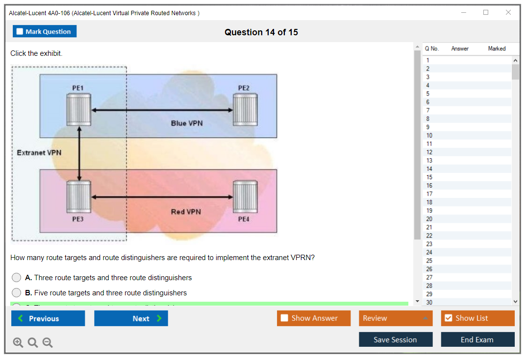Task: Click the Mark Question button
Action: pyautogui.click(x=45, y=31)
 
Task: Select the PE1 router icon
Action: pyautogui.click(x=79, y=110)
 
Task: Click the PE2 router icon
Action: pyautogui.click(x=245, y=110)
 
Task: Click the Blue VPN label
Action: pyautogui.click(x=186, y=123)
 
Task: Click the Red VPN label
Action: pyautogui.click(x=186, y=212)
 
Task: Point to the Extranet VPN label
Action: pyautogui.click(x=39, y=153)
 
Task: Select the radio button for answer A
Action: pyautogui.click(x=16, y=278)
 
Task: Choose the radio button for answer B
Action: pyautogui.click(x=16, y=293)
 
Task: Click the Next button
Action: pyautogui.click(x=131, y=318)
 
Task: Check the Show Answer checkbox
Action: pyautogui.click(x=285, y=318)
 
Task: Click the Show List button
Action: pyautogui.click(x=477, y=318)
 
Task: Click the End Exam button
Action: pyautogui.click(x=477, y=339)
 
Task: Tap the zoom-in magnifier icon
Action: pyautogui.click(x=18, y=343)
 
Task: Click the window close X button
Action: pyautogui.click(x=508, y=13)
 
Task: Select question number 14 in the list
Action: pyautogui.click(x=429, y=169)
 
